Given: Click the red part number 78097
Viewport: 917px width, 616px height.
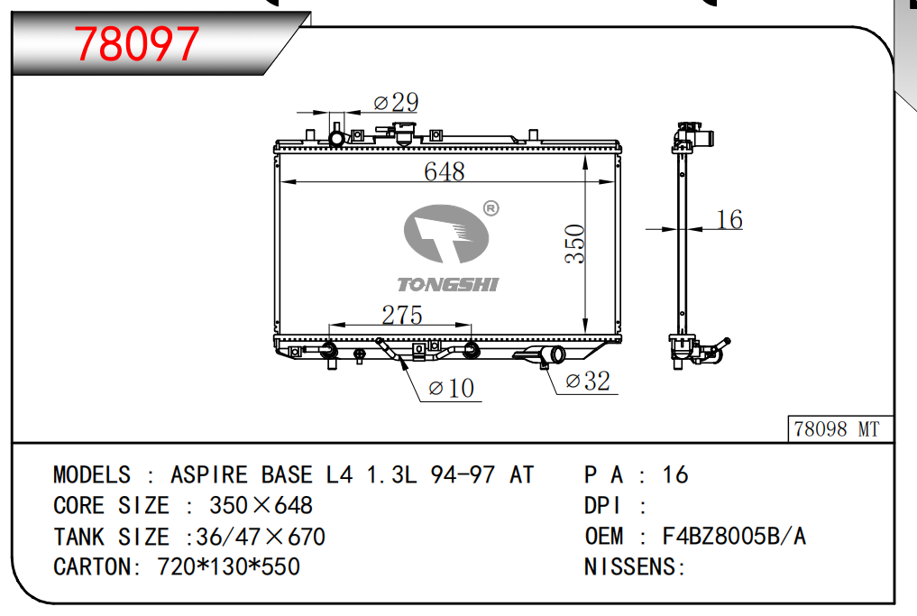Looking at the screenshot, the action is coord(137,44).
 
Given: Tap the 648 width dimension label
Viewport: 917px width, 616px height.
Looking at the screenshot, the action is coord(445,171).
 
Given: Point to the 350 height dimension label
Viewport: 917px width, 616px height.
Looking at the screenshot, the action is coord(575,244).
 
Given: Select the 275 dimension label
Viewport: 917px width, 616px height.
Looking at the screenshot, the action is coord(402,316).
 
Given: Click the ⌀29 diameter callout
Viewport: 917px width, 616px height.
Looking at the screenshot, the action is coord(396,103).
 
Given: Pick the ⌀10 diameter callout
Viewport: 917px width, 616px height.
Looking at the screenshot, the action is coord(451,389).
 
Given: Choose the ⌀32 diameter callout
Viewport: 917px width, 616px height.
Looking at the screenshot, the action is coord(588,382).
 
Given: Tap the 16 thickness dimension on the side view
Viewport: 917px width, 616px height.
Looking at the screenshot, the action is coord(729,220).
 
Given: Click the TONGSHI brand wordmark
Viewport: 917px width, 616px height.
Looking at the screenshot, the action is coord(448,284).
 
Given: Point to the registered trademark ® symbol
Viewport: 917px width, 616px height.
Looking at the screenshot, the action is coord(491,208).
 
